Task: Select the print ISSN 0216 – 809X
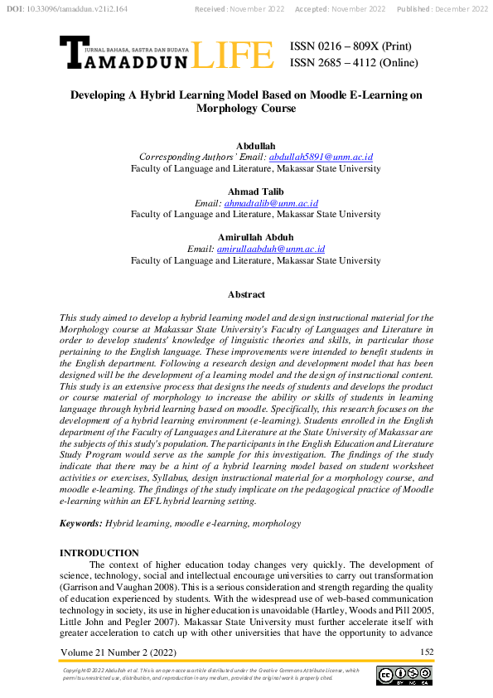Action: [x=350, y=46]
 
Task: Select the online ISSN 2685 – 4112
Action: [x=354, y=63]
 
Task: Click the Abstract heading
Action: [x=246, y=294]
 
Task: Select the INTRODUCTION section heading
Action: [x=100, y=553]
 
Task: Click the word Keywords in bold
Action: [x=80, y=524]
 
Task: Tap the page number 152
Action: [x=427, y=652]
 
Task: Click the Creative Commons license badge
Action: [x=404, y=676]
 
